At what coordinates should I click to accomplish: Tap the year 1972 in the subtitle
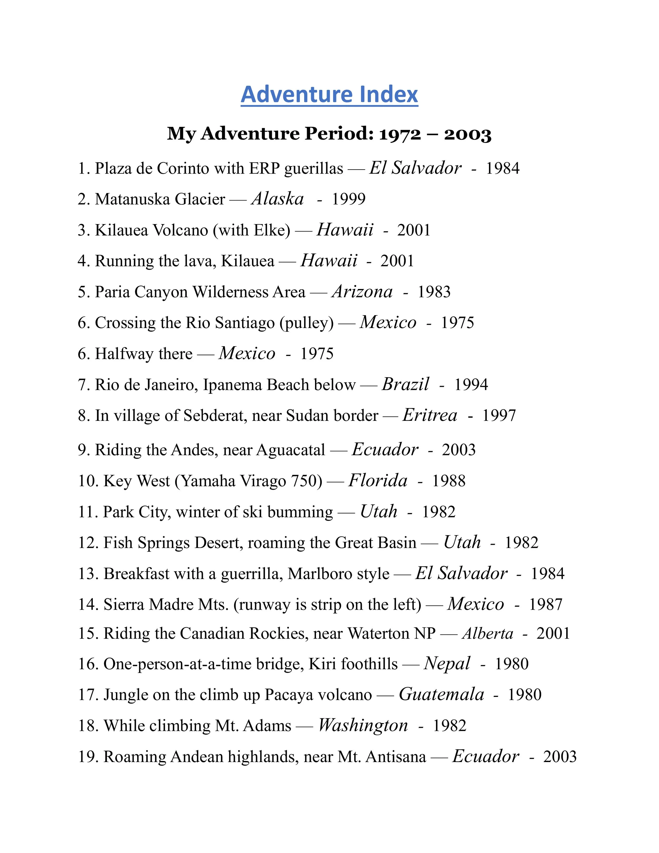(400, 134)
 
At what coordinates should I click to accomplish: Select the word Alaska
(278, 199)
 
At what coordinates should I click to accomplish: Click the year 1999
(349, 199)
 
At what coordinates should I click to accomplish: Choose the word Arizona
(362, 292)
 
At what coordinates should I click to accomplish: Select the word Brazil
(405, 384)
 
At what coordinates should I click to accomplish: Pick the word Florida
(377, 481)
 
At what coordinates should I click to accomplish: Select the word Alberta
(488, 634)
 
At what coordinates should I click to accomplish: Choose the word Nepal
(447, 664)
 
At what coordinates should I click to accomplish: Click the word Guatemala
(441, 695)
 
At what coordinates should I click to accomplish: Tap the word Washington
(363, 726)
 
